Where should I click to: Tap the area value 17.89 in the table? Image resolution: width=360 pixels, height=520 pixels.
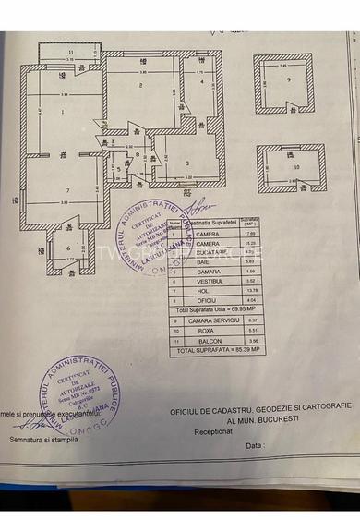(x=237, y=234)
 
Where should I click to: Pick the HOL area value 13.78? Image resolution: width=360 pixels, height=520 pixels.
(x=237, y=290)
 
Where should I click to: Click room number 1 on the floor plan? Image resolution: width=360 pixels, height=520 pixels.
(x=62, y=112)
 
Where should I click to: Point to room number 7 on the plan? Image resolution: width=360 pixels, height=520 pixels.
(x=66, y=190)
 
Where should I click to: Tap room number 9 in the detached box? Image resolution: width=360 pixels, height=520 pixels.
(x=289, y=80)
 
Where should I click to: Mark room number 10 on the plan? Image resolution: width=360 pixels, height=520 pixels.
(x=294, y=167)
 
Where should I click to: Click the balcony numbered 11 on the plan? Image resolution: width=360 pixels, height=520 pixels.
(x=69, y=53)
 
